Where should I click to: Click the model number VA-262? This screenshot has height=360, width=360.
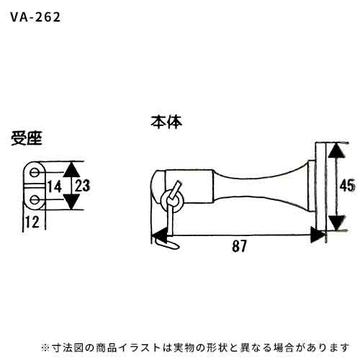click(35, 17)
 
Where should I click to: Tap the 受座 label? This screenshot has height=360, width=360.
click(27, 138)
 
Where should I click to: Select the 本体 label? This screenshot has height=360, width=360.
click(166, 122)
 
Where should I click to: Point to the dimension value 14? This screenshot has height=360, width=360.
click(55, 186)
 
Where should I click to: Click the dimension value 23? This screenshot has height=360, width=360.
click(82, 186)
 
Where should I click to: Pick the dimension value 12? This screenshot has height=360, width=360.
click(32, 222)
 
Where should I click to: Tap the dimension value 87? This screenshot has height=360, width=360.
click(239, 246)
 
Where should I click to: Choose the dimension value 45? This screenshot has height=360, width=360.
click(347, 186)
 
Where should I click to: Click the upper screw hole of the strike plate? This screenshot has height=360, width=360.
click(35, 172)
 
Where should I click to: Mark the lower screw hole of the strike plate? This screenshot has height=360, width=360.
click(35, 199)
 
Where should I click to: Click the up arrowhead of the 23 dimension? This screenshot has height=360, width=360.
click(71, 170)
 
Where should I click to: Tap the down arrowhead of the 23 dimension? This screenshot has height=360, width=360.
click(71, 202)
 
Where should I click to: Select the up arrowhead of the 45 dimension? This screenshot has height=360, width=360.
click(337, 150)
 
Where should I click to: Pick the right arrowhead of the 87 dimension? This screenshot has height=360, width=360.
click(318, 235)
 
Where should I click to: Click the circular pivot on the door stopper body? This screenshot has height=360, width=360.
click(172, 201)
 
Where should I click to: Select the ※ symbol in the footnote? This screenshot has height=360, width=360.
click(45, 348)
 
